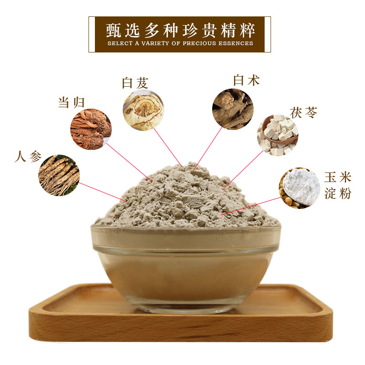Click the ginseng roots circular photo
(x=59, y=175)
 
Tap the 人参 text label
(x=28, y=156)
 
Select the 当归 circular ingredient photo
(x=91, y=129)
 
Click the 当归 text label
(x=71, y=103)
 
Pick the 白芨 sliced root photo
(x=143, y=110)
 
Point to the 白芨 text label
(x=135, y=83)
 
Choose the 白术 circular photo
(x=233, y=109)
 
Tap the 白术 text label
(x=246, y=80)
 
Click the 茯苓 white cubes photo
(x=278, y=135)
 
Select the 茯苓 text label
(x=303, y=113)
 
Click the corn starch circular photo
(x=300, y=188)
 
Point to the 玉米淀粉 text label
(x=338, y=186)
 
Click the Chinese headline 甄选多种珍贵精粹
(x=180, y=31)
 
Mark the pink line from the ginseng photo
(x=103, y=192)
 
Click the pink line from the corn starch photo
(x=250, y=206)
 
